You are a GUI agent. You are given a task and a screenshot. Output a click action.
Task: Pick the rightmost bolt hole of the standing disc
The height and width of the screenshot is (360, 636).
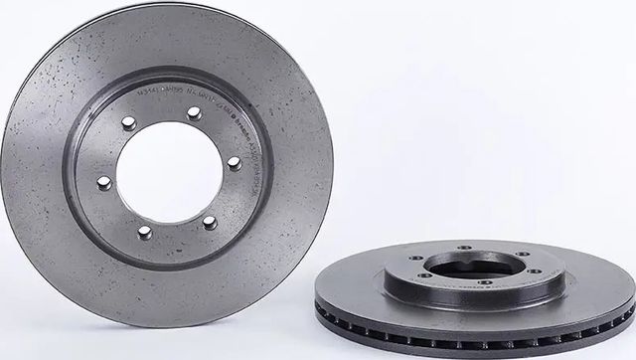(234, 163)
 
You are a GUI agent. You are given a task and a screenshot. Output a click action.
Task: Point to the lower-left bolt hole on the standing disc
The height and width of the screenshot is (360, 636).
(145, 231)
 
